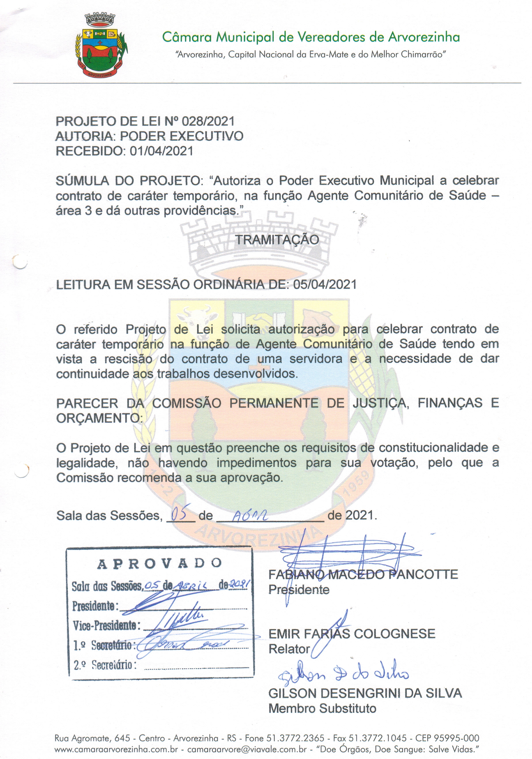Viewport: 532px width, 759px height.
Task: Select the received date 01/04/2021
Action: [161, 151]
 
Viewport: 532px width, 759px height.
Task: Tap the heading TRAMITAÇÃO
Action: [277, 240]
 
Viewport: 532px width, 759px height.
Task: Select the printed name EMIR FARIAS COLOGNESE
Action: [352, 634]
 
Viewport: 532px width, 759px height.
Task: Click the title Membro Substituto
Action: [322, 708]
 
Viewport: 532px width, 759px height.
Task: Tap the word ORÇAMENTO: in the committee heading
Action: [99, 418]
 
